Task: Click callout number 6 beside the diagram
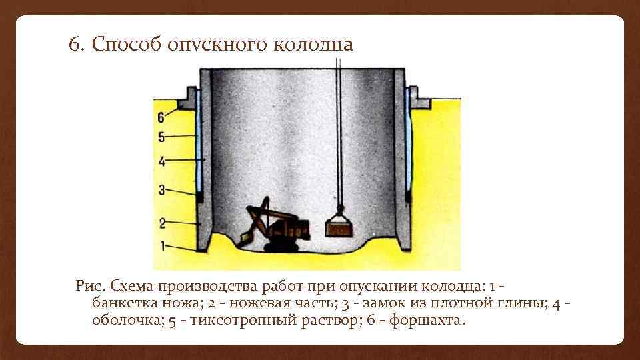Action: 161,117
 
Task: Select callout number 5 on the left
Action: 161,137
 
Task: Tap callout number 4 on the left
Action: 161,161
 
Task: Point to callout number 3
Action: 161,190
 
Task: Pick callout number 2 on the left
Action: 161,222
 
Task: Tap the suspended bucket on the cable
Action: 339,228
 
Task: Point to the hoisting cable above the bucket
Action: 339,133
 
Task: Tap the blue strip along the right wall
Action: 406,140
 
